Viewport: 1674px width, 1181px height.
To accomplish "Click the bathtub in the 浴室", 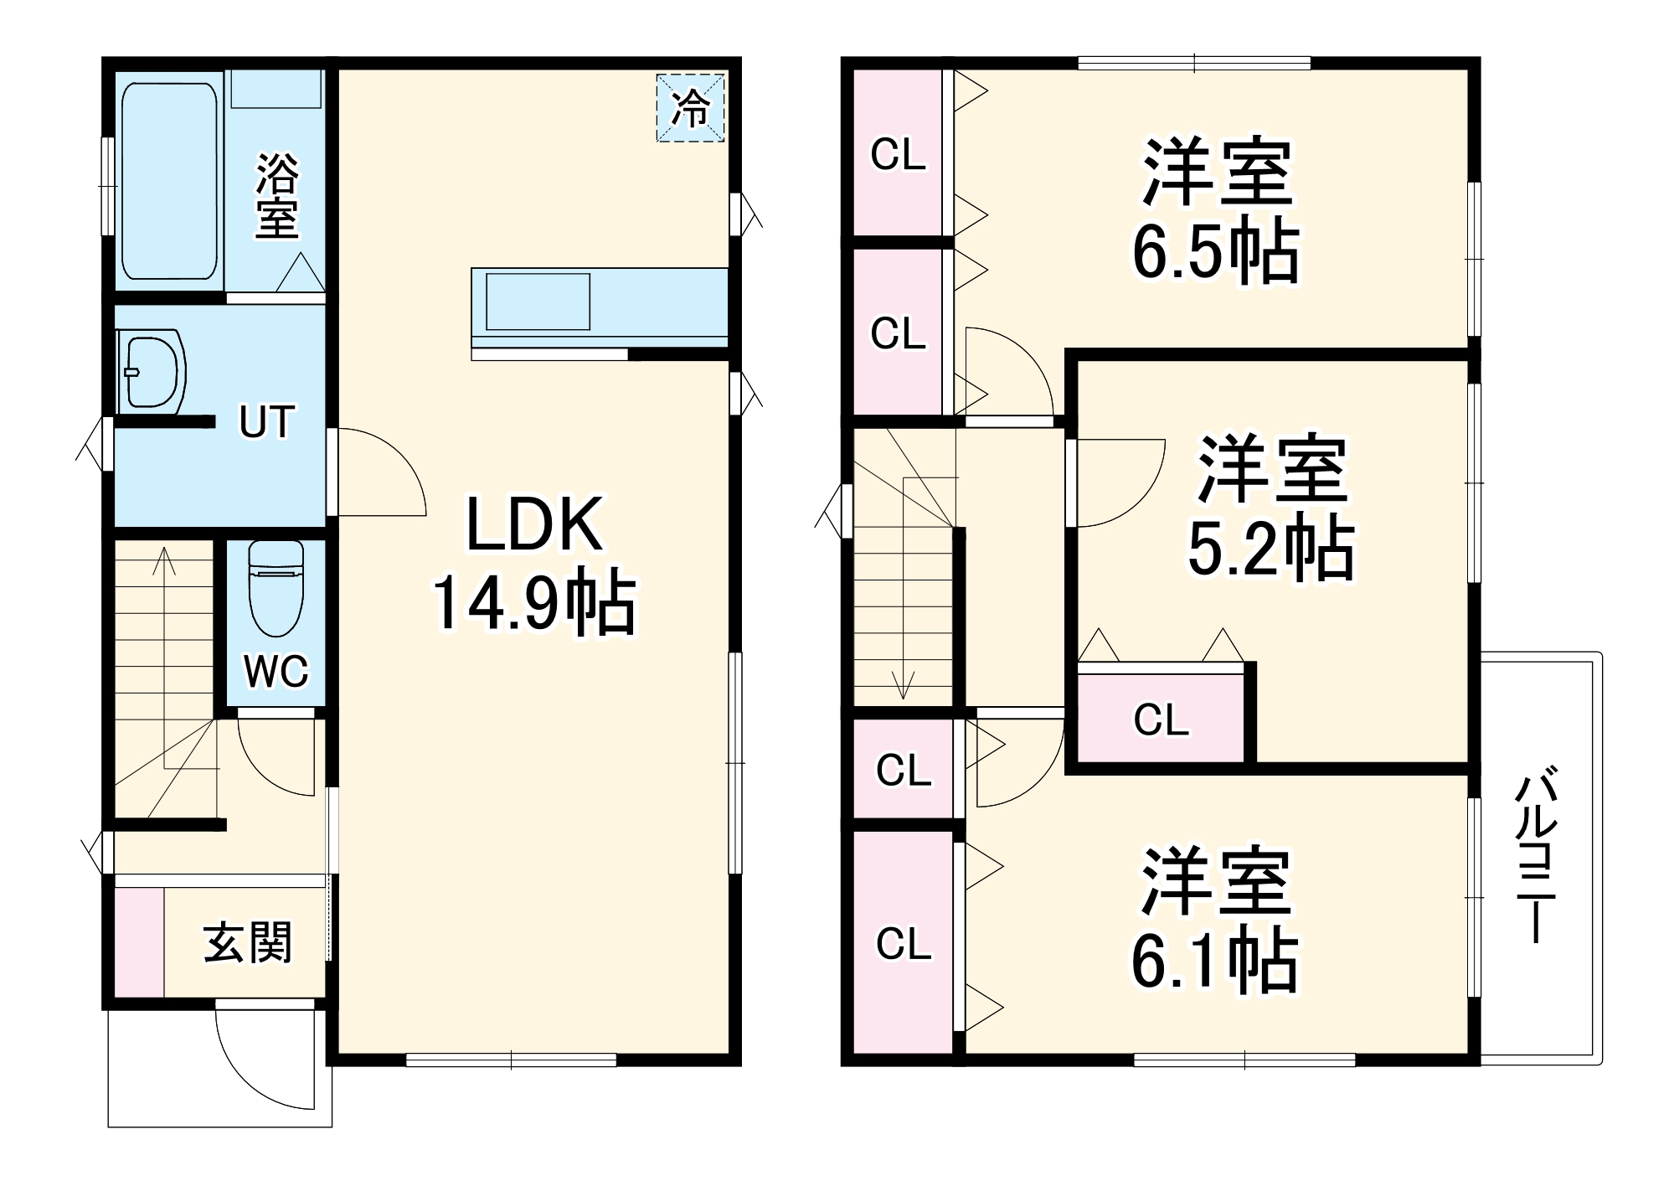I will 169,180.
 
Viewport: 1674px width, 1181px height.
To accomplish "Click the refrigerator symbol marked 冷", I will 690,108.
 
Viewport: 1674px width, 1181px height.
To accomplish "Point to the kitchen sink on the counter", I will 538,302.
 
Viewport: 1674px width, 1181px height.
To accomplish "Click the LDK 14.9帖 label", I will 534,563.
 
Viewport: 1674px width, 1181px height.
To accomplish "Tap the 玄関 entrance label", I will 248,942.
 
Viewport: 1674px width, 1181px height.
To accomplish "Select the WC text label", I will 276,671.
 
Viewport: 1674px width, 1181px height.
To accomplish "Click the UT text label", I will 266,421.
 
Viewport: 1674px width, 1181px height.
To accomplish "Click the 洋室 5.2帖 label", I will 1271,508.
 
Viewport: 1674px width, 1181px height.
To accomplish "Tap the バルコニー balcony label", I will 1536,859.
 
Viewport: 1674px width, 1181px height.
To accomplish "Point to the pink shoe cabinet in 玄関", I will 139,942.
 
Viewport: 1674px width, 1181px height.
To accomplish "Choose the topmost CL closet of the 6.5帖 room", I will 898,154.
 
